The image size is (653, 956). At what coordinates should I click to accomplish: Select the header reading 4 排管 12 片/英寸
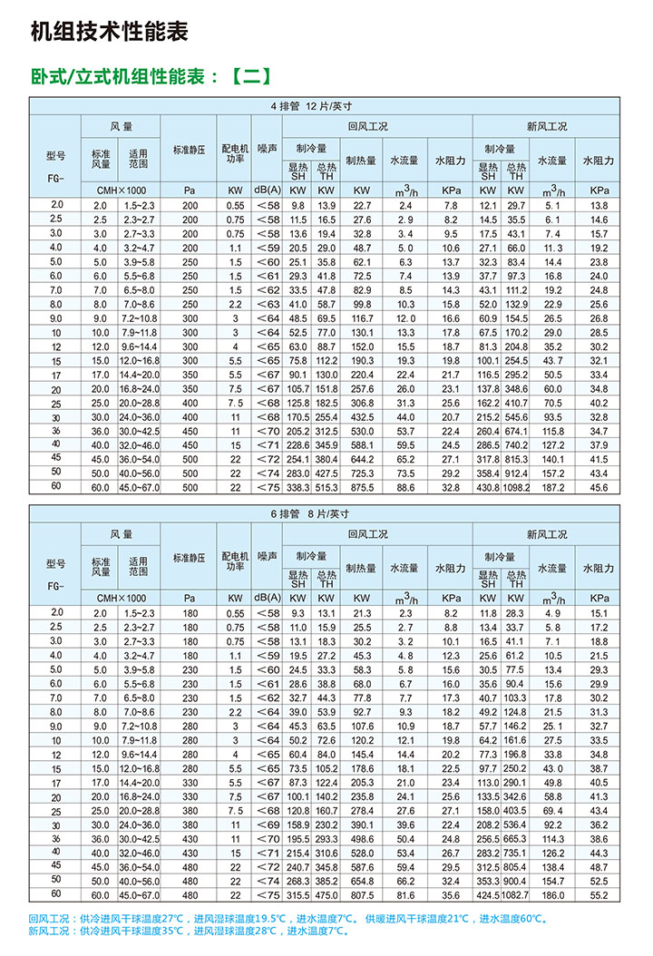310,106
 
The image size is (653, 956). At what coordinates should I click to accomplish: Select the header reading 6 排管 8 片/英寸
310,512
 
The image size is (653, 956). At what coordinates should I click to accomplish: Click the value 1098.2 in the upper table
516,486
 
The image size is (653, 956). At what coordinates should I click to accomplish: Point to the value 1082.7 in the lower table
515,893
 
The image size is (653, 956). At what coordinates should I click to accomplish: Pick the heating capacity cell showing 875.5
362,486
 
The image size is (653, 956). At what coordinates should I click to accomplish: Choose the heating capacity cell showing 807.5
362,893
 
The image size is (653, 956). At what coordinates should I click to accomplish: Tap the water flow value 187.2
552,486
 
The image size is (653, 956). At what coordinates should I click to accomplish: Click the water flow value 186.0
552,893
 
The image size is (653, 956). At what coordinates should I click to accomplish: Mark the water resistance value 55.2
599,893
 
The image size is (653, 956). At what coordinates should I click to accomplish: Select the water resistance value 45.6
599,486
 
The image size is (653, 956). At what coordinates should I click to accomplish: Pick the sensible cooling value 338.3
298,486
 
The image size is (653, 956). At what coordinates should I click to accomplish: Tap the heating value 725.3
362,473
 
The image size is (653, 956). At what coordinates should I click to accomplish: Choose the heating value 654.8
362,880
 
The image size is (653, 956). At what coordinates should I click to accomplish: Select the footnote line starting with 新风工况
190,931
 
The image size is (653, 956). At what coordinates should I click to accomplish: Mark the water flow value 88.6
405,486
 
